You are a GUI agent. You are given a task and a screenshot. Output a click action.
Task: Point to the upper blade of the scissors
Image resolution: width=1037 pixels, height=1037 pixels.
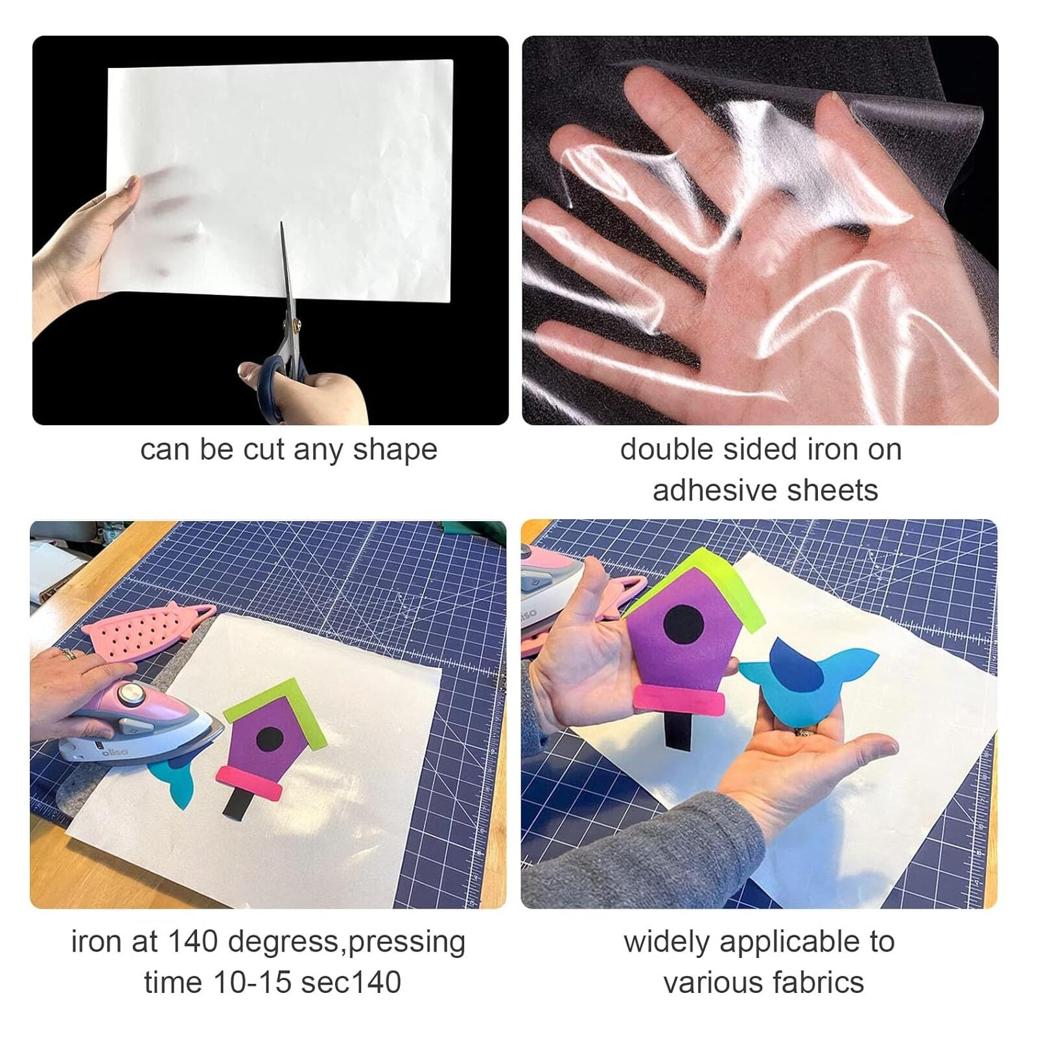point(286,272)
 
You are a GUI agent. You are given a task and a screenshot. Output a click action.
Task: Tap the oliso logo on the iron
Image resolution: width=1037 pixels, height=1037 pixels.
point(115,752)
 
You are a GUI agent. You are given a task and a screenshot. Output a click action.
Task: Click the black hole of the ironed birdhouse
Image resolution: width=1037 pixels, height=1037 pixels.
point(270,738)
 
